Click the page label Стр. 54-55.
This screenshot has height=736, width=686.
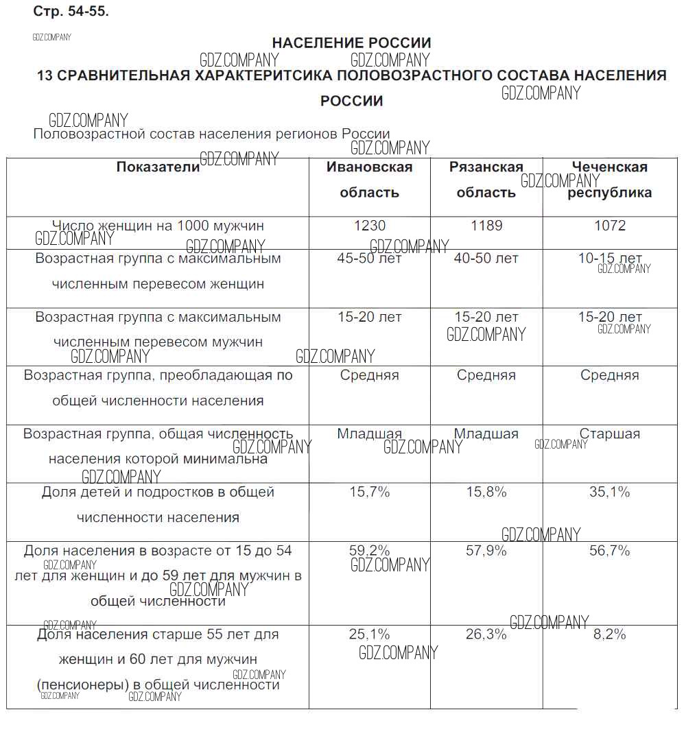pyautogui.click(x=71, y=12)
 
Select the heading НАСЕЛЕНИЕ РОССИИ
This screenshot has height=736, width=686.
pyautogui.click(x=351, y=43)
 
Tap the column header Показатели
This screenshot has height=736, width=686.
pyautogui.click(x=158, y=167)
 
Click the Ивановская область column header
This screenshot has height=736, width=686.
pyautogui.click(x=369, y=179)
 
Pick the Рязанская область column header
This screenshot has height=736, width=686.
pyautogui.click(x=486, y=179)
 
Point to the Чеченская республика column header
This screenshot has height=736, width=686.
pyautogui.click(x=609, y=179)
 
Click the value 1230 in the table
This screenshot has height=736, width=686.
pyautogui.click(x=369, y=226)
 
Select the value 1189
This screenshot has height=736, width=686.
pyautogui.click(x=486, y=226)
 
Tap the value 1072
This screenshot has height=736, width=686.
pyautogui.click(x=609, y=226)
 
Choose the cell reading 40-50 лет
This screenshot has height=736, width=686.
pyautogui.click(x=486, y=259)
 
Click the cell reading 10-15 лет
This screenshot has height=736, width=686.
pyautogui.click(x=610, y=259)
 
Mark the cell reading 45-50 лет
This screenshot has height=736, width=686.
pyautogui.click(x=369, y=259)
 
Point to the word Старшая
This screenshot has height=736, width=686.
pyautogui.click(x=609, y=434)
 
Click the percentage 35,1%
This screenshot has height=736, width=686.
pyautogui.click(x=609, y=492)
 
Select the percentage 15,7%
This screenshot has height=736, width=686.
pyautogui.click(x=369, y=492)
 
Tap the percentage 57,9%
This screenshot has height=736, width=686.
pyautogui.click(x=486, y=550)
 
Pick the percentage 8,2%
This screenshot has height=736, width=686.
pyautogui.click(x=609, y=634)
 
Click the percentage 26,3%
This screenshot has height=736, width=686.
pyautogui.click(x=486, y=634)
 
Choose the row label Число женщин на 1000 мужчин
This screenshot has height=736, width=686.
pyautogui.click(x=158, y=226)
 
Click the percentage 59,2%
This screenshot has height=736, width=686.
pyautogui.click(x=369, y=550)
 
